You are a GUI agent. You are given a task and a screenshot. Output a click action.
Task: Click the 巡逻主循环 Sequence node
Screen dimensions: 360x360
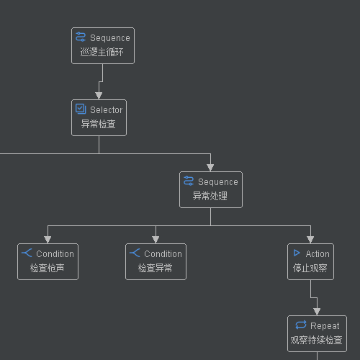pyautogui.click(x=103, y=45)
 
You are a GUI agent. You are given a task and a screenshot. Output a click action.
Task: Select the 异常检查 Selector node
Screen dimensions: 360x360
pyautogui.click(x=99, y=117)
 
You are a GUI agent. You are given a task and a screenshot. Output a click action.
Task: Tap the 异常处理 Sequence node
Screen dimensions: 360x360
pyautogui.click(x=210, y=189)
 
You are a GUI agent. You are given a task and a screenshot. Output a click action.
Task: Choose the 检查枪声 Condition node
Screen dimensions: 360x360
pyautogui.click(x=48, y=261)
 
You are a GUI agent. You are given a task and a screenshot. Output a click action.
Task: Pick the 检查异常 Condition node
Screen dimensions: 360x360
pyautogui.click(x=156, y=261)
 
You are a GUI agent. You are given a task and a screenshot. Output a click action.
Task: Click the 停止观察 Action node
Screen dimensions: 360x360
pyautogui.click(x=310, y=261)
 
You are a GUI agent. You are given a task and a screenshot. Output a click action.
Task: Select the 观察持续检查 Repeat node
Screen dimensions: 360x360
pyautogui.click(x=317, y=333)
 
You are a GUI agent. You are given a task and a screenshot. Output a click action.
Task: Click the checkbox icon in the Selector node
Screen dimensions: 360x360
pyautogui.click(x=81, y=109)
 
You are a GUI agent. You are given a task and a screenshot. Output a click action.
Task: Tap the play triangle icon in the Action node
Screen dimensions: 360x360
pyautogui.click(x=296, y=253)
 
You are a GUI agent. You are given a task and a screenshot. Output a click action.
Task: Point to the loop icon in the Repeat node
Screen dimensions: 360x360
pyautogui.click(x=301, y=325)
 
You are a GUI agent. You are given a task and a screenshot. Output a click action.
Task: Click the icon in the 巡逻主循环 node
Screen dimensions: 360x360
pyautogui.click(x=81, y=37)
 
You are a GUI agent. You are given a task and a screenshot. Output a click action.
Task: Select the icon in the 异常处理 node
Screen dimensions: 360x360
pyautogui.click(x=189, y=181)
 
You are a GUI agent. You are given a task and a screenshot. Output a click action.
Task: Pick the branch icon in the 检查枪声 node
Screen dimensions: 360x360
pyautogui.click(x=27, y=253)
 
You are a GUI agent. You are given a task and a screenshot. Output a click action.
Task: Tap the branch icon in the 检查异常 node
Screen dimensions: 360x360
pyautogui.click(x=135, y=253)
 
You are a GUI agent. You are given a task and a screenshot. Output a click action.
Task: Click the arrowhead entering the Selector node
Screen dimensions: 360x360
pyautogui.click(x=99, y=95)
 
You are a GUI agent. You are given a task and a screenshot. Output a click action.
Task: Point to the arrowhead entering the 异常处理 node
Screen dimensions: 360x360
pyautogui.click(x=210, y=167)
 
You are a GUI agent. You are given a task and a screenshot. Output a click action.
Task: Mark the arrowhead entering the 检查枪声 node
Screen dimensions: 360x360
pyautogui.click(x=48, y=239)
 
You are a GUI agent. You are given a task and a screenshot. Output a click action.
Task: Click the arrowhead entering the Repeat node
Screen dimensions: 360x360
pyautogui.click(x=317, y=311)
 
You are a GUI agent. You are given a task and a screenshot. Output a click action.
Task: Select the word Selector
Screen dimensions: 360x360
pyautogui.click(x=106, y=110)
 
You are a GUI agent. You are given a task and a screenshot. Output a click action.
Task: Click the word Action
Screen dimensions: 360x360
pyautogui.click(x=318, y=254)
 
